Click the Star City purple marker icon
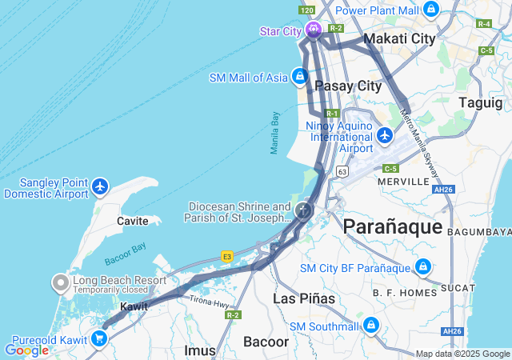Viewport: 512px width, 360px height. [x=313, y=30]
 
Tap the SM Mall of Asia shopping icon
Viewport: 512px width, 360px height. [x=299, y=77]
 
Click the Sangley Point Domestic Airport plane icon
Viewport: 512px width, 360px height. [x=100, y=187]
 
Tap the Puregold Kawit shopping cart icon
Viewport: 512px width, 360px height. [x=100, y=338]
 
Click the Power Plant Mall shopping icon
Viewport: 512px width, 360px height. [x=431, y=10]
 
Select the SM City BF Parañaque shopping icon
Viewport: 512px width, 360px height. [x=423, y=267]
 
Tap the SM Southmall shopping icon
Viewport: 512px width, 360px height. [x=370, y=325]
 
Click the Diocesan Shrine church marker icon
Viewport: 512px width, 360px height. [x=303, y=211]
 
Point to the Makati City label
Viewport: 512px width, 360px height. [x=399, y=38]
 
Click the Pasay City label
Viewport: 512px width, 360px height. [x=348, y=86]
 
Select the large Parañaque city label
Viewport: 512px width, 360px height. [x=392, y=226]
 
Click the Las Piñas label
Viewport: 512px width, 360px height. [x=298, y=298]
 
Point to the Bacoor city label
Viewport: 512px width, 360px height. [x=266, y=342]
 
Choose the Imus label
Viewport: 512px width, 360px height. [x=200, y=350]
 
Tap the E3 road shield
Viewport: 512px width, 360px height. [x=227, y=255]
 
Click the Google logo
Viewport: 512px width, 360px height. [x=26, y=350]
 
